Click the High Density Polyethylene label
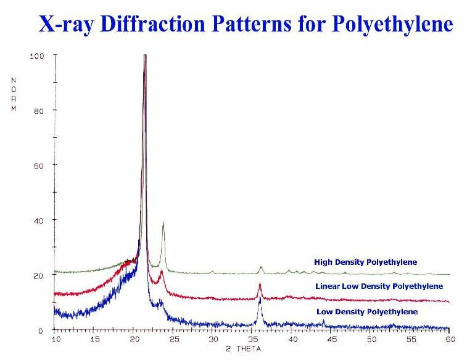(x=365, y=262)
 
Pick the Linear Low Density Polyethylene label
(x=379, y=287)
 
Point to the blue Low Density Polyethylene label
(x=366, y=311)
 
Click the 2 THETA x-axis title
(x=243, y=348)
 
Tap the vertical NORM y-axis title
(x=14, y=94)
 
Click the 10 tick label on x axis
(x=56, y=340)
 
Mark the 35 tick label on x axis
(x=253, y=340)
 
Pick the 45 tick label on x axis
(x=332, y=340)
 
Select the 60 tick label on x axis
(x=450, y=340)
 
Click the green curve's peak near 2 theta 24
(x=163, y=224)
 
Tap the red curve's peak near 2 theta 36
(x=260, y=284)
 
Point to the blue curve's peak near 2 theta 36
(x=260, y=299)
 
